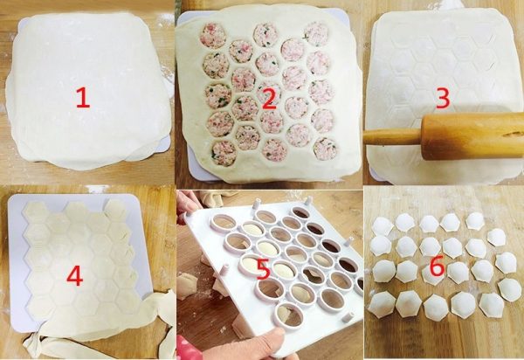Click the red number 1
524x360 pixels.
pyautogui.click(x=83, y=97)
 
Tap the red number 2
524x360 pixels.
pyautogui.click(x=269, y=99)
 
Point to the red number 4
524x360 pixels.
pyautogui.click(x=74, y=276)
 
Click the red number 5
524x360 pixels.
pyautogui.click(x=264, y=269)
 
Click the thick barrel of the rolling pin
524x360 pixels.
pyautogui.click(x=472, y=135)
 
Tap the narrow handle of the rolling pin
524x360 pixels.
pyautogui.click(x=392, y=137)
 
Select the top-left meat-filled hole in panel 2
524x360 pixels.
pyautogui.click(x=213, y=36)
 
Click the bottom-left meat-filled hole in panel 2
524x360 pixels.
pyautogui.click(x=224, y=154)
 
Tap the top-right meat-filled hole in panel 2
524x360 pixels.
pyautogui.click(x=316, y=34)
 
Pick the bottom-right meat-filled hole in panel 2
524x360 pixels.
pyautogui.click(x=325, y=149)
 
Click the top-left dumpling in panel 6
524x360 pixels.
pyautogui.click(x=383, y=226)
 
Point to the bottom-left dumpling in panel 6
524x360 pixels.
pyautogui.click(x=382, y=304)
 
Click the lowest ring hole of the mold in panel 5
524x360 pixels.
pyautogui.click(x=288, y=316)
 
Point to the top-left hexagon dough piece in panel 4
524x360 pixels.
pyautogui.click(x=35, y=212)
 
